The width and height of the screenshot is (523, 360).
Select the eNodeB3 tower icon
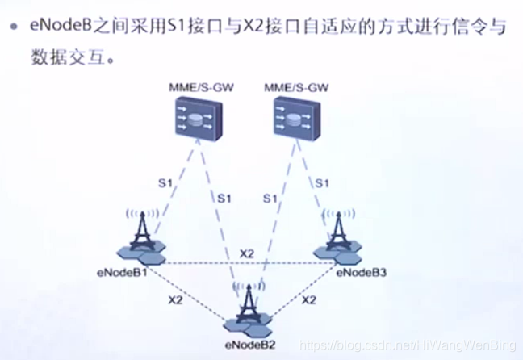coord(337,235)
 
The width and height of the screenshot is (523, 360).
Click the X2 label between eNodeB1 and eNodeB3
coord(248,253)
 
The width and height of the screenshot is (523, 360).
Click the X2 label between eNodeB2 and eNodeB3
coord(308,299)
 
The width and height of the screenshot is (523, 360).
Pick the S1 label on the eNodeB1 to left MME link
coord(166,183)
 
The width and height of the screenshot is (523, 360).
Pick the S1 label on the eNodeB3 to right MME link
coord(322,183)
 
